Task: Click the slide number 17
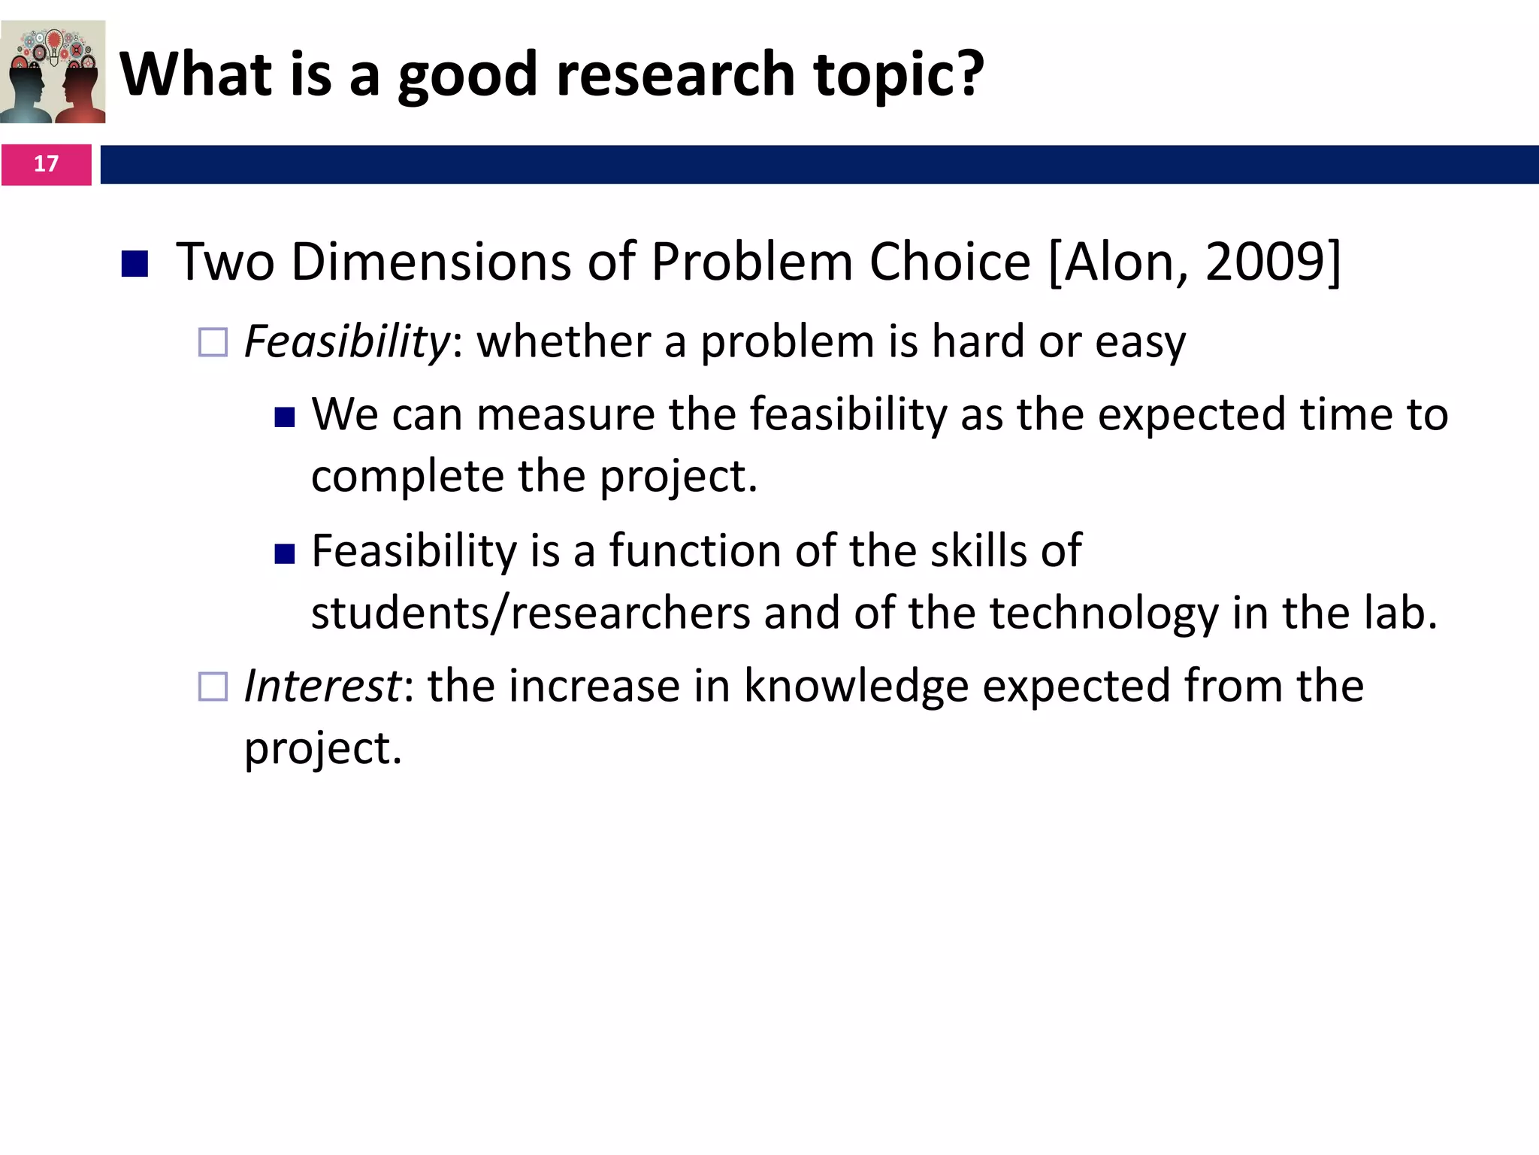click(x=46, y=164)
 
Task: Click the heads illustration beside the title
click(x=53, y=72)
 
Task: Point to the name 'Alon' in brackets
click(x=1120, y=262)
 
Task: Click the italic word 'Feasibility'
click(x=346, y=341)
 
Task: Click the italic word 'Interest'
click(x=322, y=686)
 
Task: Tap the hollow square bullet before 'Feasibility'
click(x=213, y=342)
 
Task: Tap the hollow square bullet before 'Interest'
click(x=213, y=687)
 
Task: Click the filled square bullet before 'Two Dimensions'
click(x=135, y=263)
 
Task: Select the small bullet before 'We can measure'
click(x=285, y=417)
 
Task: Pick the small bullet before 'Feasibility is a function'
click(x=285, y=554)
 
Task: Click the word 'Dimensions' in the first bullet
click(x=431, y=262)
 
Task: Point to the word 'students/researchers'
click(x=531, y=612)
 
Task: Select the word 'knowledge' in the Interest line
click(x=856, y=686)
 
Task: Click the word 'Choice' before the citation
click(x=950, y=262)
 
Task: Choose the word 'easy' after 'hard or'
click(x=1140, y=343)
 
